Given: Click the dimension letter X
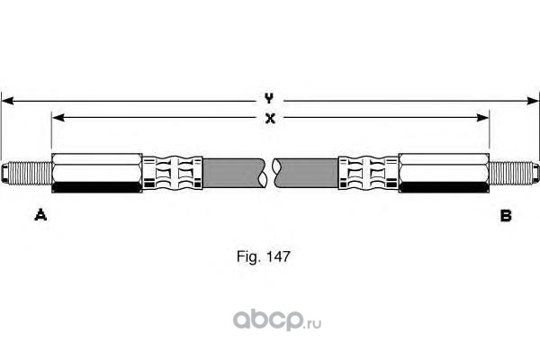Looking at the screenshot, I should tap(269, 116).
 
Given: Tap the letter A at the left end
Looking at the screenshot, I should tap(40, 215).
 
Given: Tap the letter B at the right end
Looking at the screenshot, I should tap(506, 215).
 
